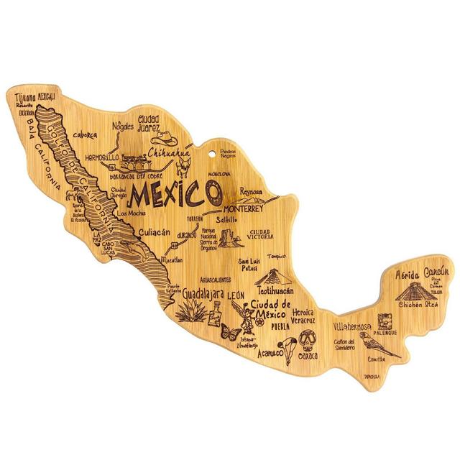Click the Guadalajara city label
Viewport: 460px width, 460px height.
click(195, 294)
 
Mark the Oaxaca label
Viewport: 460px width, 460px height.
click(308, 354)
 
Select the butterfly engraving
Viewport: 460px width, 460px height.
click(231, 331)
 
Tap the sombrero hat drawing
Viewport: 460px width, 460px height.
click(166, 137)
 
